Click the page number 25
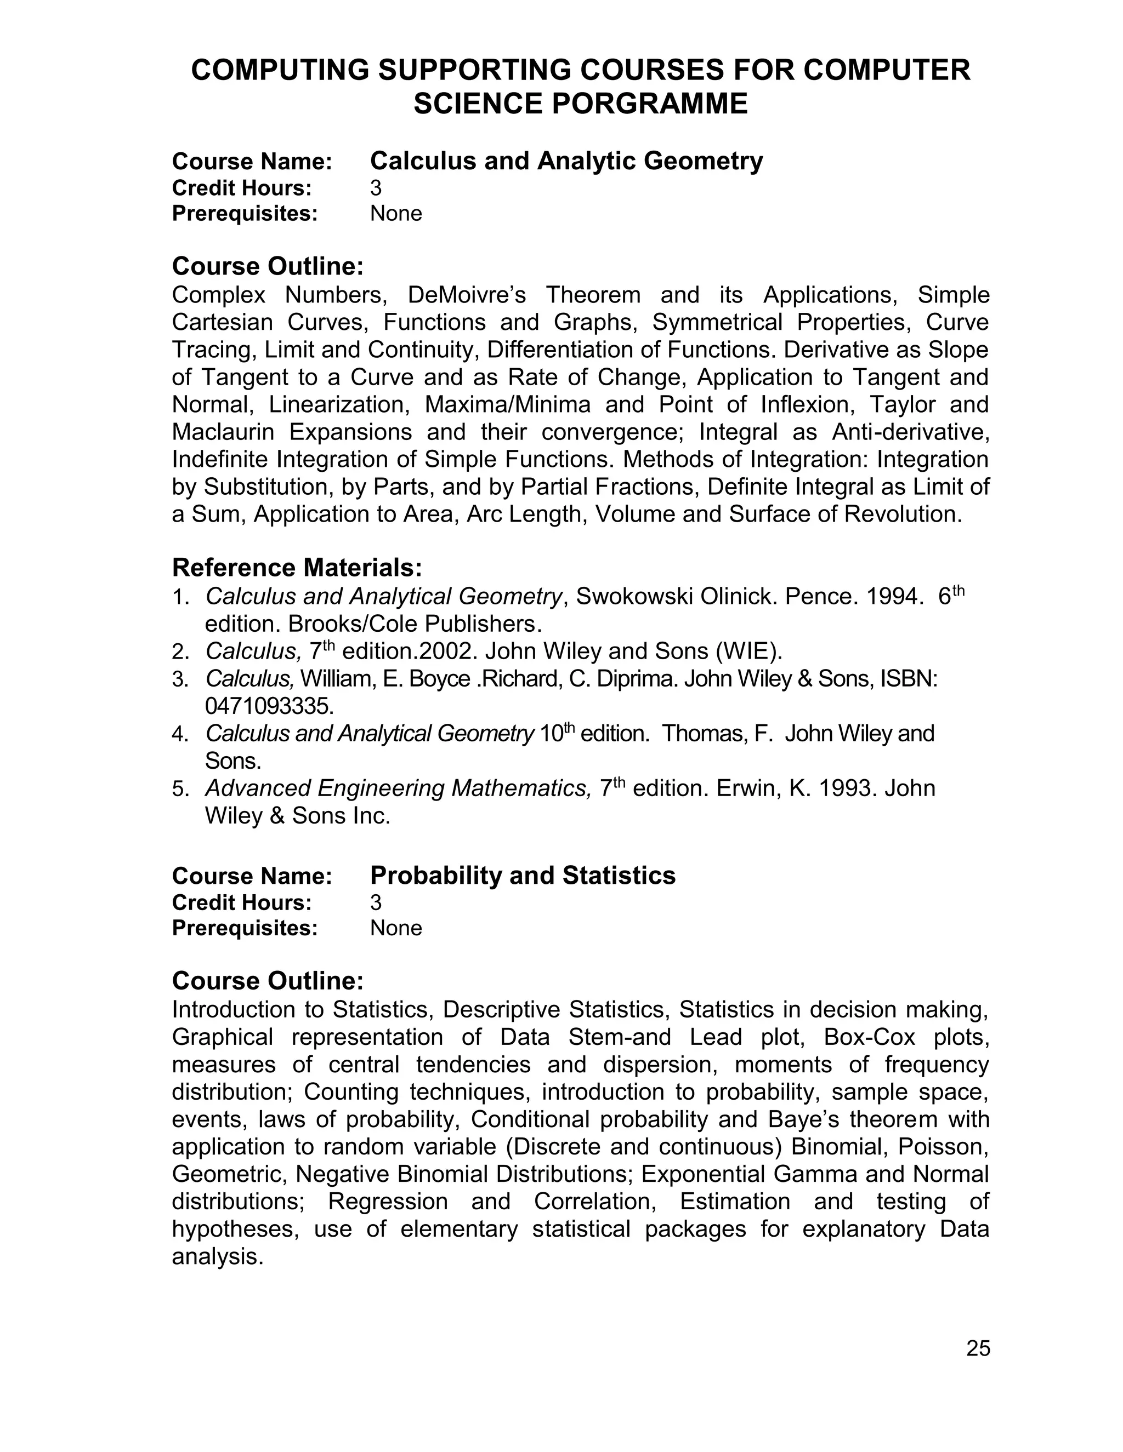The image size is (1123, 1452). click(978, 1348)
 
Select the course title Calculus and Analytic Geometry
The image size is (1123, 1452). click(566, 161)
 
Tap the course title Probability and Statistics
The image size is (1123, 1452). click(522, 876)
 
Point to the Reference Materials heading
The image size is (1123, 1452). click(297, 568)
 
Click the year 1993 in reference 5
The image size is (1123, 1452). click(846, 788)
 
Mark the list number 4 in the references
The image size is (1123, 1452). click(177, 735)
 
